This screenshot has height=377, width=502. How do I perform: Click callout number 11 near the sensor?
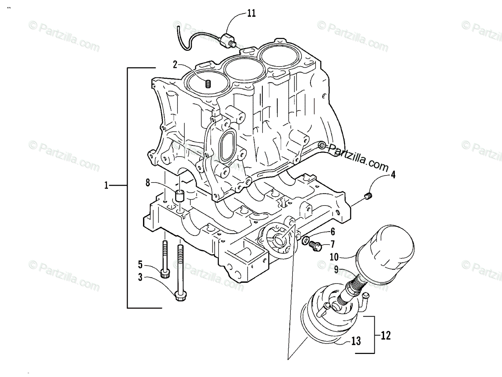(251, 13)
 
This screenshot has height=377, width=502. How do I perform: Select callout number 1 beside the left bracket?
(107, 185)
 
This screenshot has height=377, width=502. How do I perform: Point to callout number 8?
(148, 182)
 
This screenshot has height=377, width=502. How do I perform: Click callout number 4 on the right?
(393, 175)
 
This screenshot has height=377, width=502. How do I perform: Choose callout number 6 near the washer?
(333, 231)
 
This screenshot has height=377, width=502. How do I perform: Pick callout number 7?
(333, 243)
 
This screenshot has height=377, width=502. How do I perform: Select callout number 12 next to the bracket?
(385, 335)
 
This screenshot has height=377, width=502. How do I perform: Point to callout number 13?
(356, 341)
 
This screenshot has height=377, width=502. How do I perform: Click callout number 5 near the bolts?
(141, 264)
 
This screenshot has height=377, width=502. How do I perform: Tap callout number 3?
(141, 276)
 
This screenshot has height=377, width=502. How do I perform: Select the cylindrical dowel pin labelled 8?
(180, 196)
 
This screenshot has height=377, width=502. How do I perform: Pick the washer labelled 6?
(306, 240)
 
